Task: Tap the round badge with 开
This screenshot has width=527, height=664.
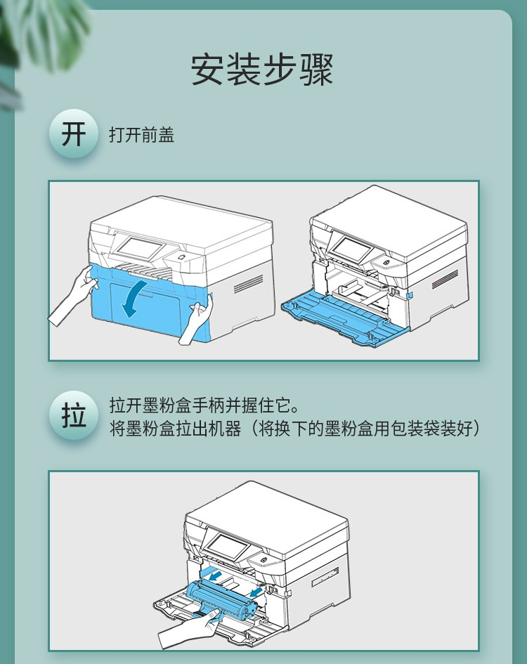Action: (73, 134)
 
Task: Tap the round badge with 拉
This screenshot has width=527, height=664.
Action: (73, 416)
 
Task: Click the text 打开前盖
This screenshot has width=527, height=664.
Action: (141, 135)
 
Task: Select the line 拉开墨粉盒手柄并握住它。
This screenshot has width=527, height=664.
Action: (204, 406)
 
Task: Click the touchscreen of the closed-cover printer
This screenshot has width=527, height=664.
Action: (139, 247)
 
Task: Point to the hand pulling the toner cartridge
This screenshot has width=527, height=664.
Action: (184, 630)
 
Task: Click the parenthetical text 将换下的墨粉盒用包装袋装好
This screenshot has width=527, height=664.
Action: (365, 428)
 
